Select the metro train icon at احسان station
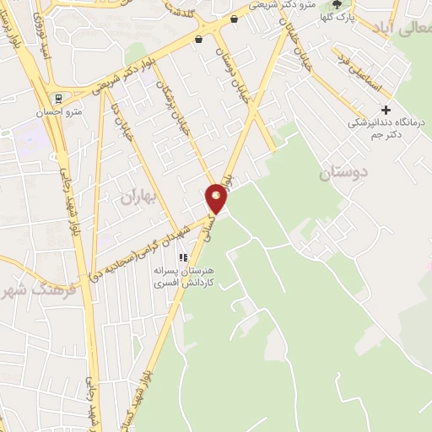pyautogui.click(x=57, y=97)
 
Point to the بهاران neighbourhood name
pyautogui.click(x=140, y=198)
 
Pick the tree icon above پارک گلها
pyautogui.click(x=337, y=4)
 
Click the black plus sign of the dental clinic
pyautogui.click(x=386, y=110)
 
